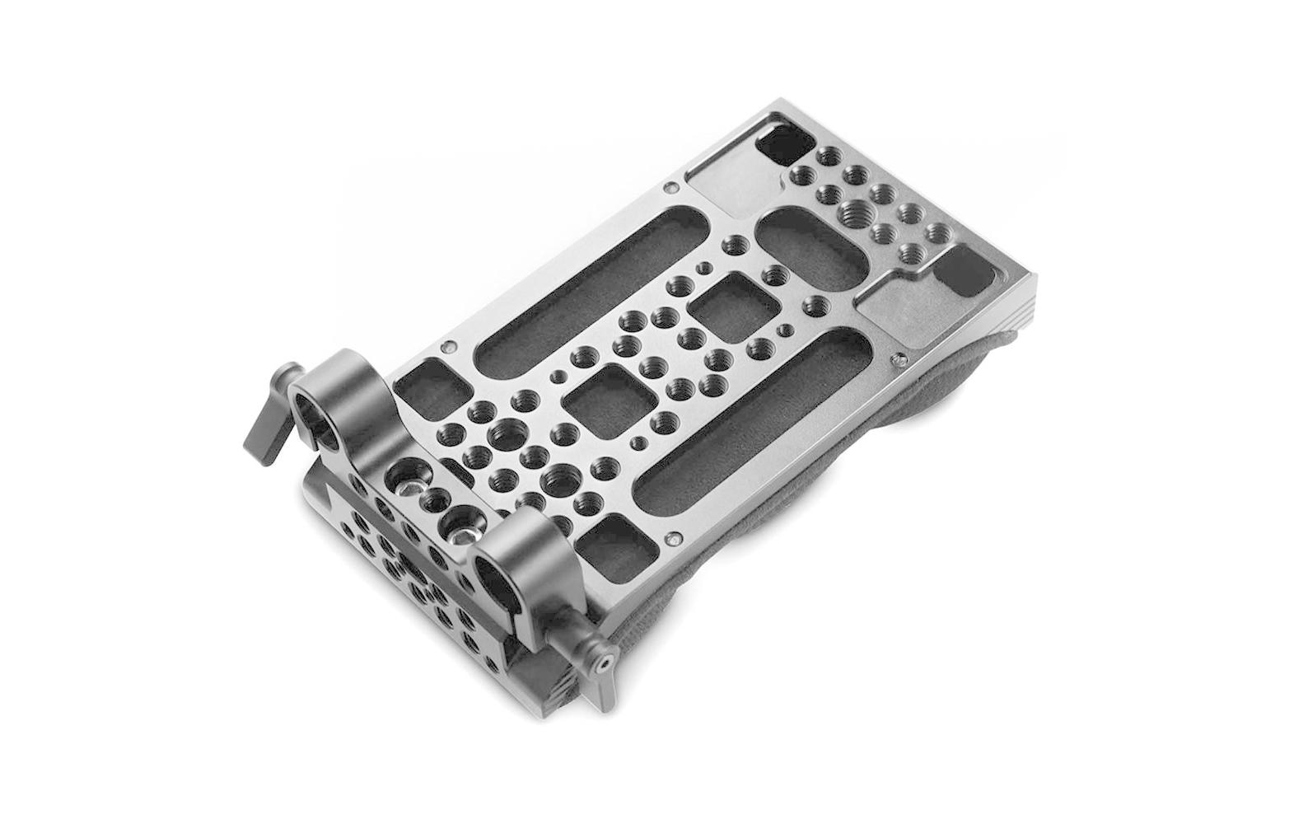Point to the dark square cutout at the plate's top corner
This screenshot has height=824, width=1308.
tap(782, 144)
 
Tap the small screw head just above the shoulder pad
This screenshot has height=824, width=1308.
tap(899, 360)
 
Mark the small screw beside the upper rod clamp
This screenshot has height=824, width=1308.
tap(449, 347)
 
